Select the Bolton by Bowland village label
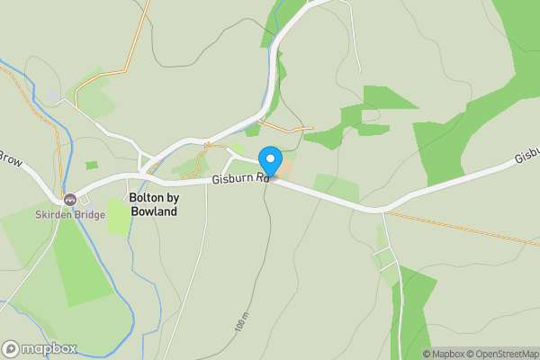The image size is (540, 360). [x=153, y=204]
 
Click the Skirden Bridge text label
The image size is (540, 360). [x=69, y=216]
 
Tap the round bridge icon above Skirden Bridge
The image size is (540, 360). [x=69, y=199]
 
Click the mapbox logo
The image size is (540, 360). [x=40, y=348]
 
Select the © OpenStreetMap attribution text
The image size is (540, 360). [x=501, y=354]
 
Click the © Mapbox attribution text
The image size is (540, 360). [x=442, y=354]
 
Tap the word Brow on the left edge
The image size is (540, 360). [x=9, y=159]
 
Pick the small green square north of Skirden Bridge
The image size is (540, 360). [x=91, y=166]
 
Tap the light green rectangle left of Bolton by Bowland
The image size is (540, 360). [x=118, y=217]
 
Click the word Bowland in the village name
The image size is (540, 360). [x=153, y=211]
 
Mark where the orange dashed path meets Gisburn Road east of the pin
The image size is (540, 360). [x=385, y=212]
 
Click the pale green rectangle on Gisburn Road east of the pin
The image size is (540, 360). [x=335, y=187]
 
